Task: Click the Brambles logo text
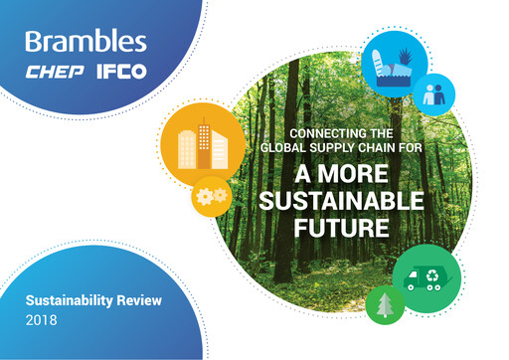coord(85,43)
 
